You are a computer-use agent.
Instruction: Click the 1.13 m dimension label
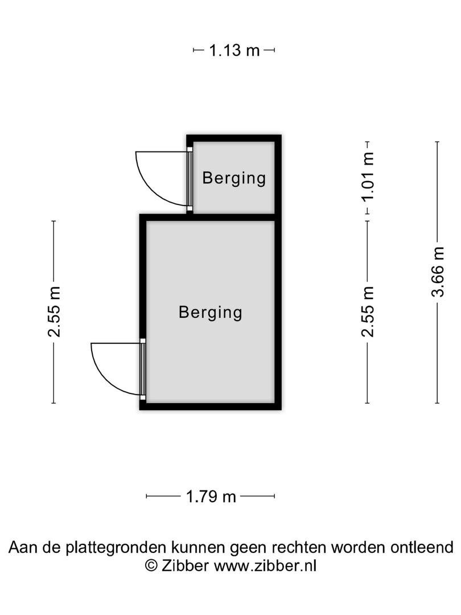234,50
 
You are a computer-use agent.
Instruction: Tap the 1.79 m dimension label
211,497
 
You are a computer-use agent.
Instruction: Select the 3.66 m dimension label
438,272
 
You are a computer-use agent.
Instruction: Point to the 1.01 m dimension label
368,177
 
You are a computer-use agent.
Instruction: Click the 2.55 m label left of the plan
53,312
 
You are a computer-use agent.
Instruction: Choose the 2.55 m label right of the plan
368,312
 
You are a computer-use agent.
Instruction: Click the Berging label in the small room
234,178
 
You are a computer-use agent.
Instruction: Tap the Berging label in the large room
211,313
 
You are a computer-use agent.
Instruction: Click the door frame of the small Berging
190,179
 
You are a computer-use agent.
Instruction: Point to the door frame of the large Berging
143,369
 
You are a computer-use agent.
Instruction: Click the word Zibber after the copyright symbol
185,565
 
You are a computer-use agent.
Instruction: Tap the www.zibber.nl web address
265,565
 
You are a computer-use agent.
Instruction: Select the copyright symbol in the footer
151,566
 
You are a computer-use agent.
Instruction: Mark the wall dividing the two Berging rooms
231,218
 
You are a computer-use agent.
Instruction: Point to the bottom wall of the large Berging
211,407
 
